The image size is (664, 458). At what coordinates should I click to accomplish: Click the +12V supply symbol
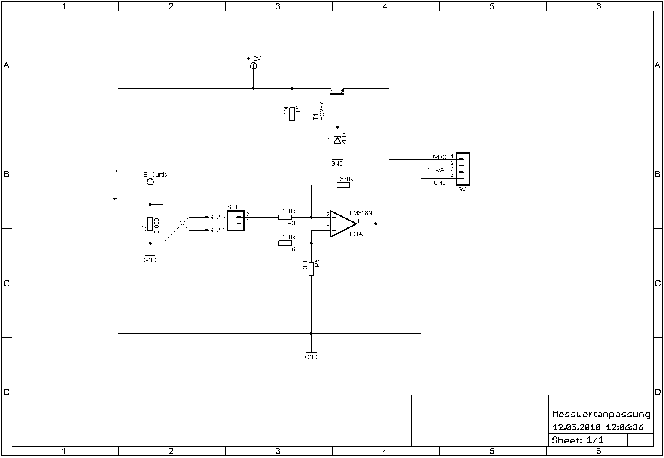click(x=253, y=66)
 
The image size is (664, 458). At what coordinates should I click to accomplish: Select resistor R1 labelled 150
click(x=292, y=114)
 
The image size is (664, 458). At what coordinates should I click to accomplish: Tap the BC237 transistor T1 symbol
click(x=337, y=92)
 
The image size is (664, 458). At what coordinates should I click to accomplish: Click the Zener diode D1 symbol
click(x=337, y=140)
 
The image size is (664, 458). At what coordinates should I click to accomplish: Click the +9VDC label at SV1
click(x=437, y=157)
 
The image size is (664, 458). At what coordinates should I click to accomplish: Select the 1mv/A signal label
click(x=436, y=170)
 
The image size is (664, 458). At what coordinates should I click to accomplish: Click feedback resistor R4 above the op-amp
click(x=343, y=185)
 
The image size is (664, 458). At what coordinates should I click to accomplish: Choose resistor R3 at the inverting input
click(x=285, y=217)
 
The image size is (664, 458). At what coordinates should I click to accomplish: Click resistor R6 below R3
click(x=285, y=243)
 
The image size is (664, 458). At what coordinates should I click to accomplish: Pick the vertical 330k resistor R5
click(x=311, y=268)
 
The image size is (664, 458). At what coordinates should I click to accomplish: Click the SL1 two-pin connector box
click(x=236, y=221)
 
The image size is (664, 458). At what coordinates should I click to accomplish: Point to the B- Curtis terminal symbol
click(x=150, y=182)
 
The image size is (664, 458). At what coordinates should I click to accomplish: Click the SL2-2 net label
click(x=217, y=217)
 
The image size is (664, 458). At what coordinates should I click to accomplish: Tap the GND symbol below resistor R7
click(x=150, y=258)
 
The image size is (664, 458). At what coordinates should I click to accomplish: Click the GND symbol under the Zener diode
click(x=337, y=161)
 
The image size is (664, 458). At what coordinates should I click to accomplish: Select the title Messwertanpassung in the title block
click(x=601, y=415)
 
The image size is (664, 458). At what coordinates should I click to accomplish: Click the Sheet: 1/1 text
click(x=578, y=440)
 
